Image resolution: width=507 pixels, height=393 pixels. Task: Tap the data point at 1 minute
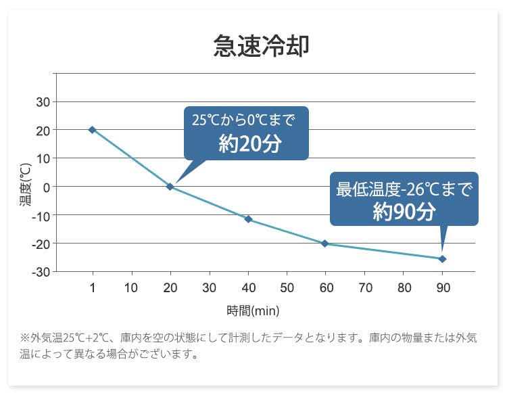pos(92,129)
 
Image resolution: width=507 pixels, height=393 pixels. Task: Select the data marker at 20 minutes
pos(170,186)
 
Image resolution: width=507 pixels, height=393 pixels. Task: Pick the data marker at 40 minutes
pos(248,219)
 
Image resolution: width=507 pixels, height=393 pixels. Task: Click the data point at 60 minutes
pos(325,244)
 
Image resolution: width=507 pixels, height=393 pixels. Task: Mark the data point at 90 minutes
pos(442,259)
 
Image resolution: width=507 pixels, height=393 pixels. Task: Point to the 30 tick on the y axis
pos(42,101)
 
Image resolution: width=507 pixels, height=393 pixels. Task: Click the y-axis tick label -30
pos(40,271)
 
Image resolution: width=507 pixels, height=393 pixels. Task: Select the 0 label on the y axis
pos(46,187)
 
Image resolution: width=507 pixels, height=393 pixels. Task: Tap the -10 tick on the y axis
pos(40,215)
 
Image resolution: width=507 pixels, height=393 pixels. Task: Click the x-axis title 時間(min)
pos(253,311)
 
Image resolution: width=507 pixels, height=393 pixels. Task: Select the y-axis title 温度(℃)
pos(25,185)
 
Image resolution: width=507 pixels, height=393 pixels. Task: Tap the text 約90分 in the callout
pos(404,212)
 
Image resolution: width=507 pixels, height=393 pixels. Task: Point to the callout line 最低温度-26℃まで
pos(404,189)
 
